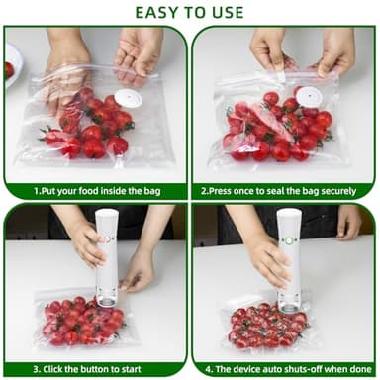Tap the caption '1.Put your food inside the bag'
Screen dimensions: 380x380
pos(94,189)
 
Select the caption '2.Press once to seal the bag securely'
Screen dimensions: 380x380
pos(285,189)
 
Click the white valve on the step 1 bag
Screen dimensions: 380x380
pos(126,99)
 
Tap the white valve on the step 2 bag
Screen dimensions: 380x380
pos(310,96)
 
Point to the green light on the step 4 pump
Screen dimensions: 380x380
pos(290,240)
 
